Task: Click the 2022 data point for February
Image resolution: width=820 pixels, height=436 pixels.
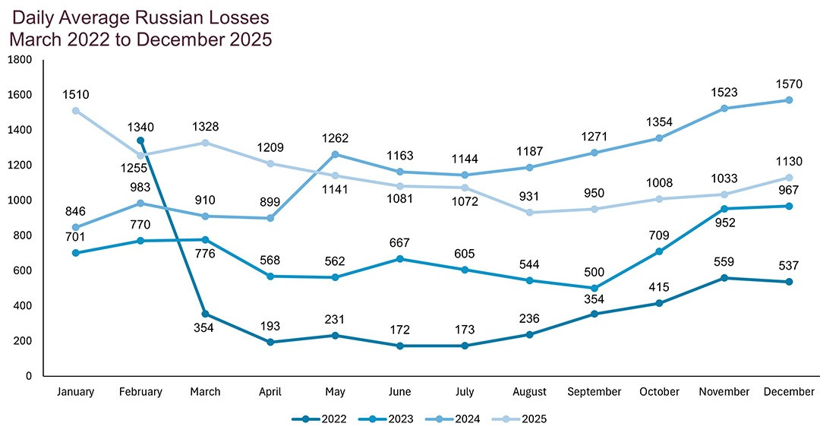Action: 140,141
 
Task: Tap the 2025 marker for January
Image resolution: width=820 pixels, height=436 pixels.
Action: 75,111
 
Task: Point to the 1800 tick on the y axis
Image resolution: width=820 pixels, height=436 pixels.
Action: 20,59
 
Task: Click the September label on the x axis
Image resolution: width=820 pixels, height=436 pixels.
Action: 594,392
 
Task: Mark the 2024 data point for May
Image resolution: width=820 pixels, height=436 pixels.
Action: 335,155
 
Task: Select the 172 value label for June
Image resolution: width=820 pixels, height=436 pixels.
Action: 399,330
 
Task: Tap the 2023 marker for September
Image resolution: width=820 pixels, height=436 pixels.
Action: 594,288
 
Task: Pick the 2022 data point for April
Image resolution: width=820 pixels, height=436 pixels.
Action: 270,342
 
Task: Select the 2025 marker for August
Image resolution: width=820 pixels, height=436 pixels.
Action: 529,213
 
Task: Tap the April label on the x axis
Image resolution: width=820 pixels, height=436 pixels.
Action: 270,392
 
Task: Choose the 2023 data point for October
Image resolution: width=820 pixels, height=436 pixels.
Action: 659,251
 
